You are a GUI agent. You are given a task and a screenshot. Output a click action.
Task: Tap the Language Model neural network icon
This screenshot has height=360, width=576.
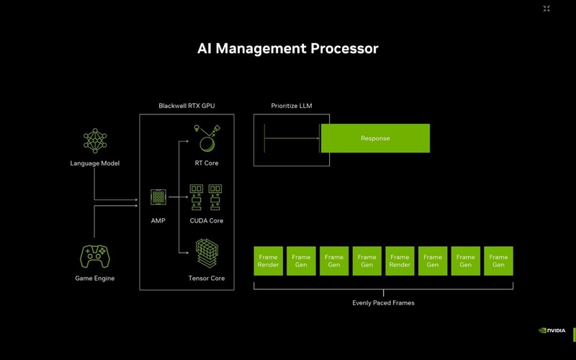94,142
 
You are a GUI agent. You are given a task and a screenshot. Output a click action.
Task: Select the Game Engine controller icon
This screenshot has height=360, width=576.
94,256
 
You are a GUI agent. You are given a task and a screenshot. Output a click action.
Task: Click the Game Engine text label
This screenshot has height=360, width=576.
94,278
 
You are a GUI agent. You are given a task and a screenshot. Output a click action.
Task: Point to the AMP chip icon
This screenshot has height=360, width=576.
158,198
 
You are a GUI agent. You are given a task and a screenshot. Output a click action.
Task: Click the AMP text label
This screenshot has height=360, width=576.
158,220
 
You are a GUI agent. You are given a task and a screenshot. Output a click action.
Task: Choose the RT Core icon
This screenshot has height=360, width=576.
207,138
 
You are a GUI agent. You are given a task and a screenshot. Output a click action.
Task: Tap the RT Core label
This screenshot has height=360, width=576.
207,163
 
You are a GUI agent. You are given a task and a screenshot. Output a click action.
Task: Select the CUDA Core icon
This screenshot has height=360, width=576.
207,198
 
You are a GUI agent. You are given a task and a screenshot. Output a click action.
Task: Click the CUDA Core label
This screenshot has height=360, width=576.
207,220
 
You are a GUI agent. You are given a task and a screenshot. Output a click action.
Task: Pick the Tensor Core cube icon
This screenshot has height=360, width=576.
207,253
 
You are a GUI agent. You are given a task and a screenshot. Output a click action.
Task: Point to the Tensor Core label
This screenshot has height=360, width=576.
207,278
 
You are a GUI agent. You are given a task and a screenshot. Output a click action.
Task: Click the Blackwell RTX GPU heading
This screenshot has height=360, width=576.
186,106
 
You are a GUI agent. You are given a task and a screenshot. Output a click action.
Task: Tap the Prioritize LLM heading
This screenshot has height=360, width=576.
292,106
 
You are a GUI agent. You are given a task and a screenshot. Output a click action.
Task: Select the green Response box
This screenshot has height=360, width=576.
374,138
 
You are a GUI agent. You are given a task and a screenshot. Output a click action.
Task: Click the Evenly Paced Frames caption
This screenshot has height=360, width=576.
383,303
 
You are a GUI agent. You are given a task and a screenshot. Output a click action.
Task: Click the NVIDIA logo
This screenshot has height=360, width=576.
552,330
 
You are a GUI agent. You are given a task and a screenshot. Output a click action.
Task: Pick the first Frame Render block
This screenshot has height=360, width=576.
268,261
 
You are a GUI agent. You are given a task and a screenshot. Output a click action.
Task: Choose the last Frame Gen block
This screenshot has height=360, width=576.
498,261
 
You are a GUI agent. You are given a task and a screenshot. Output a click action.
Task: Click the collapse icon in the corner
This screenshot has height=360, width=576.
546,9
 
